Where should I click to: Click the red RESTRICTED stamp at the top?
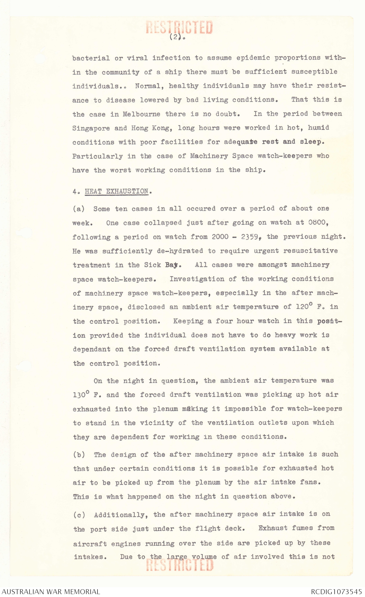click(179, 27)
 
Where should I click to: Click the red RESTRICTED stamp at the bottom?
click(180, 565)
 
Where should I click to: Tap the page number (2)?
click(175, 37)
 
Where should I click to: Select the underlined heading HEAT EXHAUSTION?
click(117, 191)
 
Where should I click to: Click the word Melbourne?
click(141, 114)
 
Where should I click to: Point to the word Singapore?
click(91, 128)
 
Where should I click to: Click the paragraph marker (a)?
click(79, 209)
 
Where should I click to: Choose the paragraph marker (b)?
click(79, 454)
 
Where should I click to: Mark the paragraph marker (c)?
click(79, 515)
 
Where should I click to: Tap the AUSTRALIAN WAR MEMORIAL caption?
click(51, 592)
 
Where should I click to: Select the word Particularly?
click(97, 156)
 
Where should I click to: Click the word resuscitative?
click(311, 251)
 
